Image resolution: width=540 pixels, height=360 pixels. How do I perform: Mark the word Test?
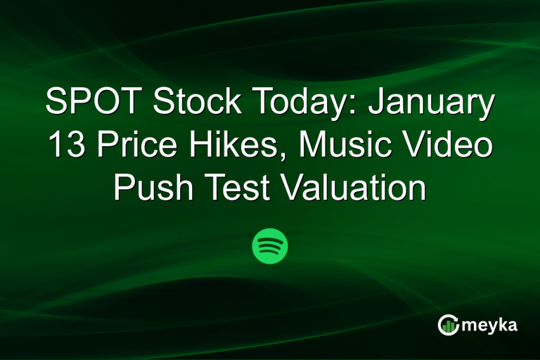click(x=235, y=188)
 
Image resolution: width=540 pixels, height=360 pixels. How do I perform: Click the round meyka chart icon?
click(x=448, y=324)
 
